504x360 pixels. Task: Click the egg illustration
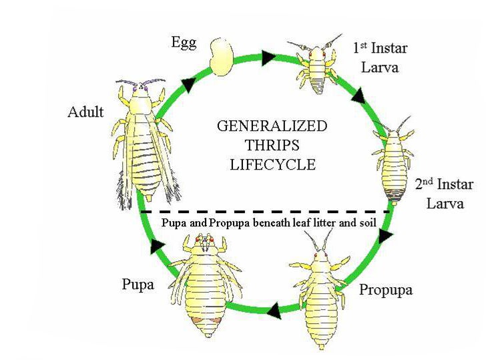point(221,57)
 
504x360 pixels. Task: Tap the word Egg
point(184,43)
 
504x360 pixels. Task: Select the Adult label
point(85,112)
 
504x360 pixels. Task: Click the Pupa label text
point(138,285)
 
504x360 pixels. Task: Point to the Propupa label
point(386,290)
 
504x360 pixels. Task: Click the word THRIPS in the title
point(272,145)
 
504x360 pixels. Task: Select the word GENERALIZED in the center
point(272,126)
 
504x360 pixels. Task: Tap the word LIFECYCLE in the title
point(272,164)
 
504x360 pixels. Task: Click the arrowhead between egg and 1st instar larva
point(269,57)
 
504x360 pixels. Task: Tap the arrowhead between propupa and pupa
point(274,311)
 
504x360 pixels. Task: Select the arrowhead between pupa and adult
point(157,246)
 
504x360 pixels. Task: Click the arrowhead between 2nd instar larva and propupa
point(385,236)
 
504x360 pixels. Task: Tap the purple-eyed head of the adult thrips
point(141,91)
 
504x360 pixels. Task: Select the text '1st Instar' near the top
point(381,48)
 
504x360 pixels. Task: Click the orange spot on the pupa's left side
point(197,320)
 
